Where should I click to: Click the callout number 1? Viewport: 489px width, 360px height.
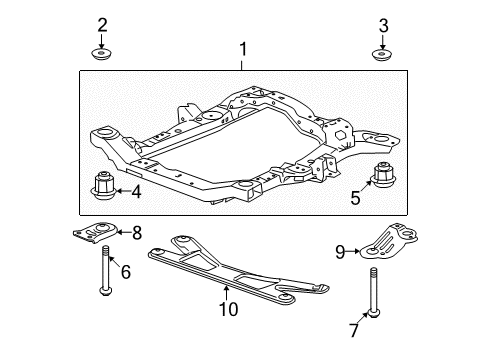click(x=241, y=48)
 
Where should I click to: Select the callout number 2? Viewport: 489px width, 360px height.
click(x=101, y=24)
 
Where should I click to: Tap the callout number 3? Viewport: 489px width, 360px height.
click(x=383, y=24)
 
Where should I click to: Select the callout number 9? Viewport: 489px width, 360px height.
click(x=341, y=252)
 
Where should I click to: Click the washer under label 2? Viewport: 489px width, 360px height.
click(x=101, y=54)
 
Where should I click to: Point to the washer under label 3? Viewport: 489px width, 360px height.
click(x=383, y=54)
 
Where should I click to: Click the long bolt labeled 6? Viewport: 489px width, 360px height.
click(x=103, y=272)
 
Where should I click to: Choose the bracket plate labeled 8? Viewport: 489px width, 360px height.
click(x=97, y=234)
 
